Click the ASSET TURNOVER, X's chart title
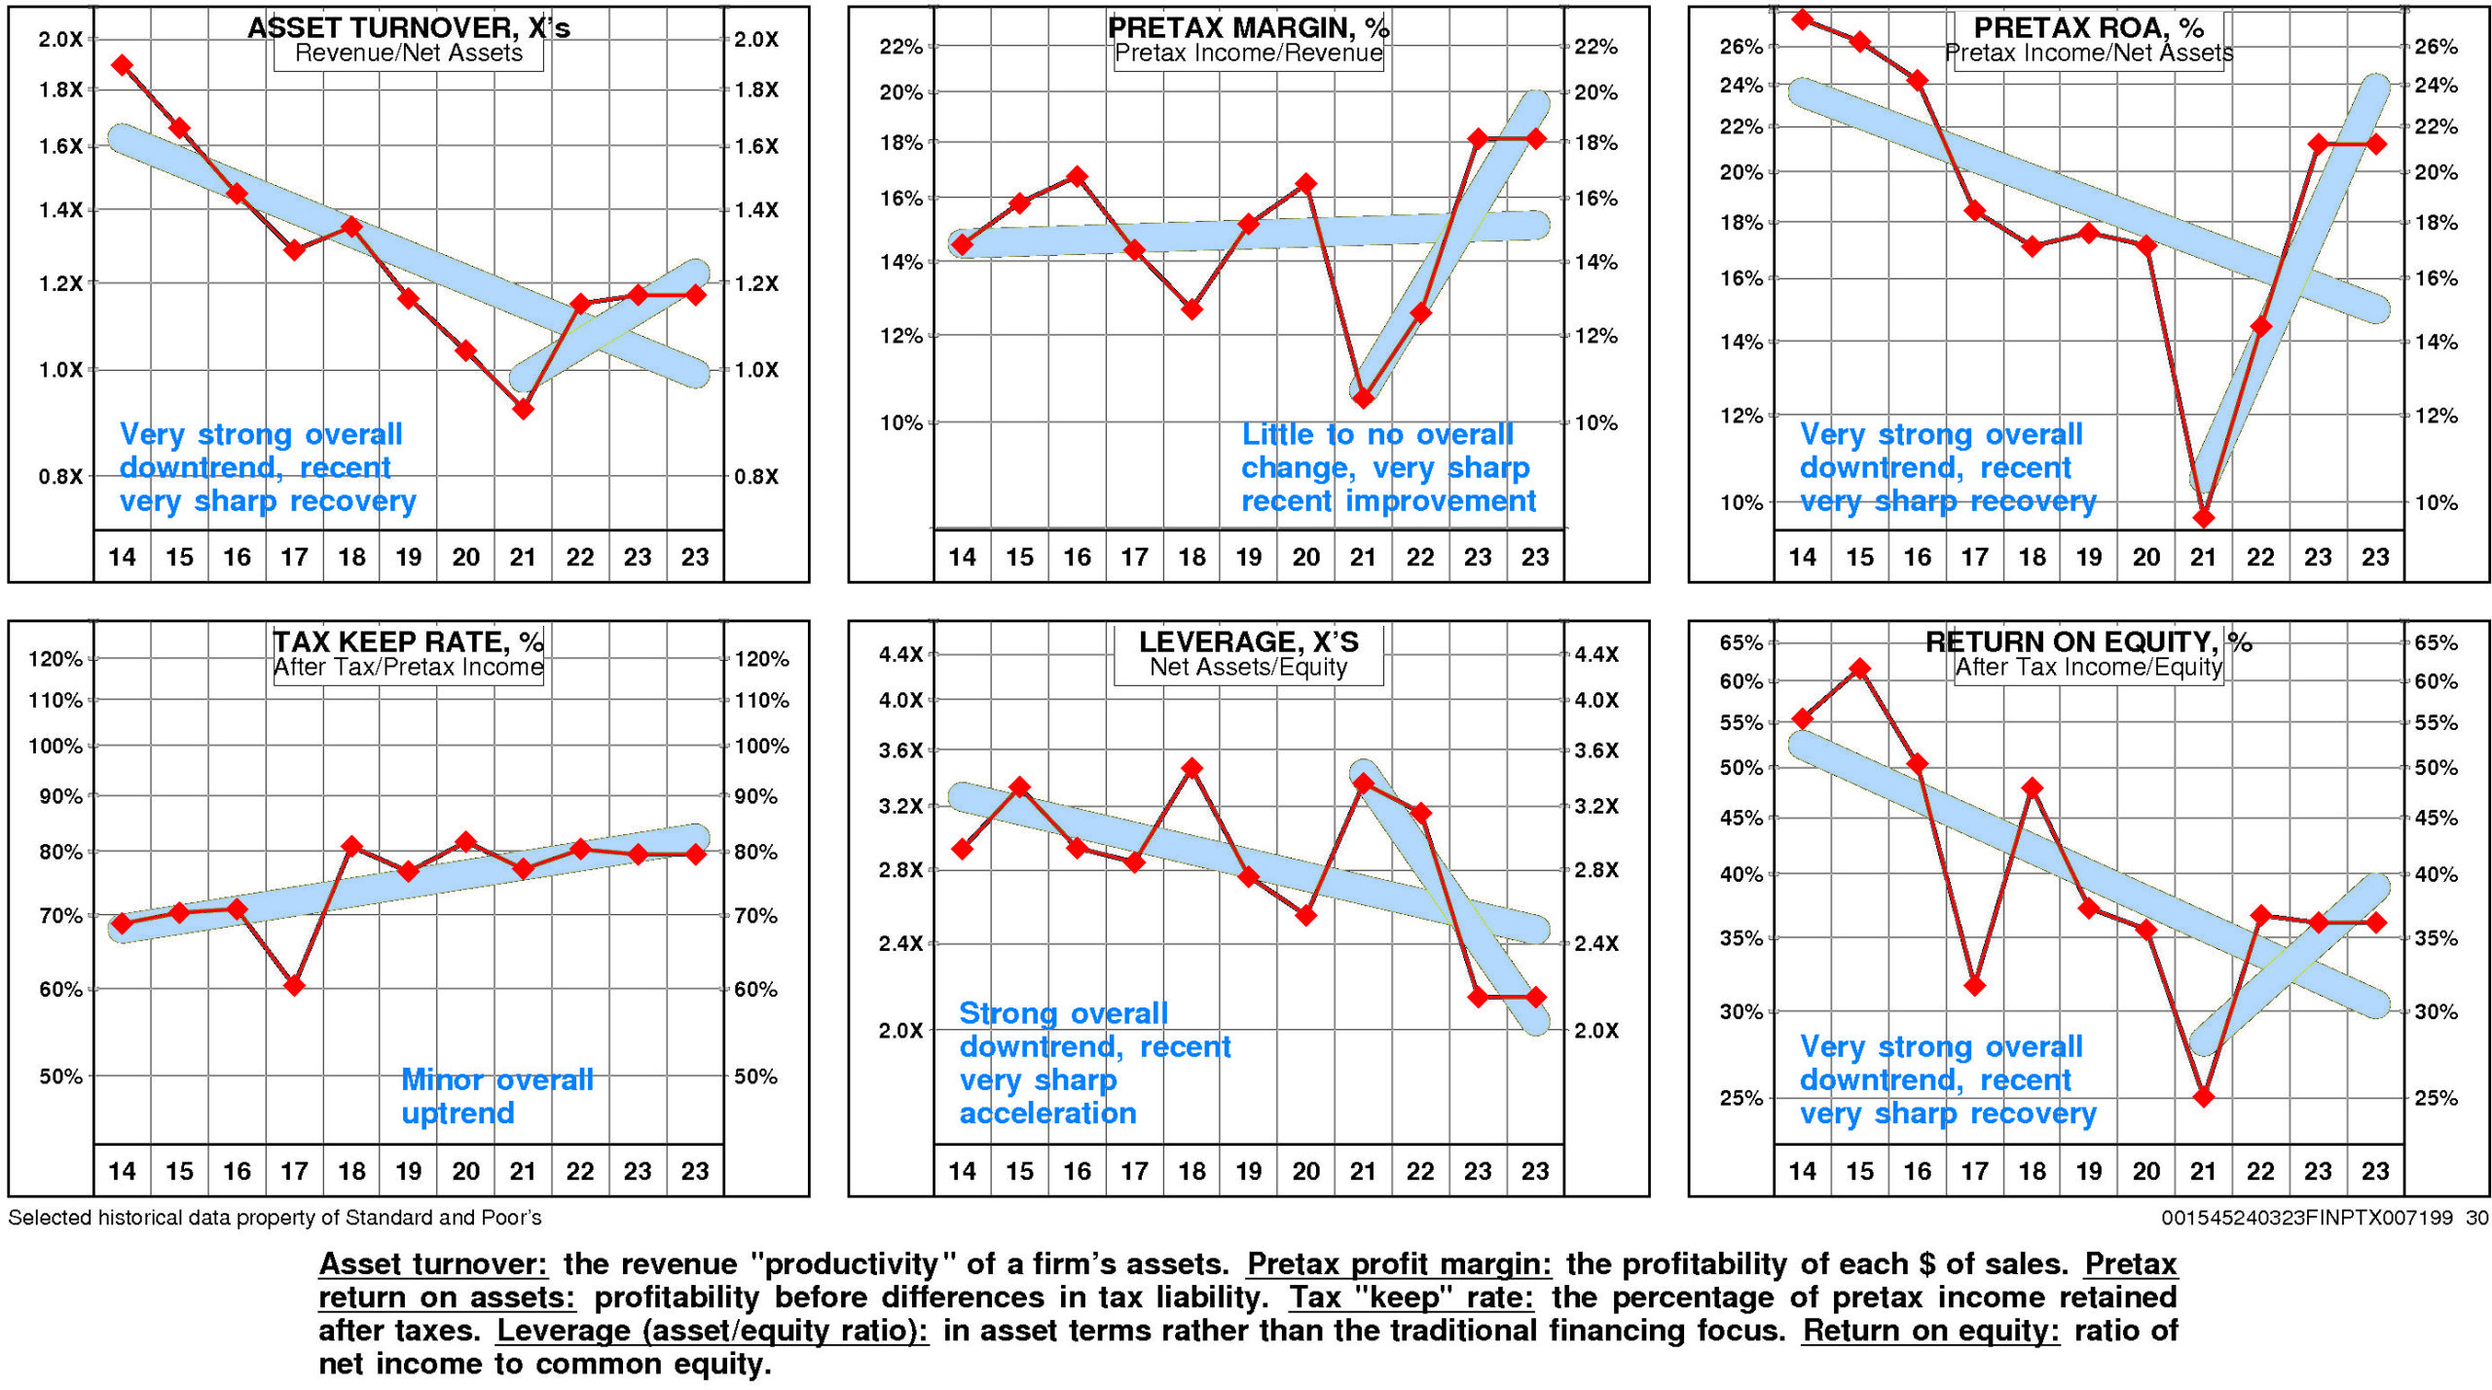click(409, 27)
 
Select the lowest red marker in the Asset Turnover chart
click(523, 410)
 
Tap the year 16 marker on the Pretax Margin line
click(1077, 176)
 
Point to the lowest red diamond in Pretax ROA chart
click(2204, 518)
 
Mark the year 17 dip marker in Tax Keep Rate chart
click(294, 986)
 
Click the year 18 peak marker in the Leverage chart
click(1191, 768)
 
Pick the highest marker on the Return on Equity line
click(1859, 669)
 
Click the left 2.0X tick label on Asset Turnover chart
click(60, 40)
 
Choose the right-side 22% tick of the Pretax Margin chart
click(1596, 47)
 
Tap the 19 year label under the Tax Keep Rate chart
click(408, 1171)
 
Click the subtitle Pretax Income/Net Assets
click(2089, 54)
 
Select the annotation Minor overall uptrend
click(496, 1096)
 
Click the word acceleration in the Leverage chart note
click(1047, 1114)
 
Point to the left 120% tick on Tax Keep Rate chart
click(55, 659)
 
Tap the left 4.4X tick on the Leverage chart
click(900, 654)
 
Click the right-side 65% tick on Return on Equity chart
click(2436, 642)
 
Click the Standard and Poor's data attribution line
click(275, 1218)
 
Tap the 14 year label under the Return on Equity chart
click(1802, 1171)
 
